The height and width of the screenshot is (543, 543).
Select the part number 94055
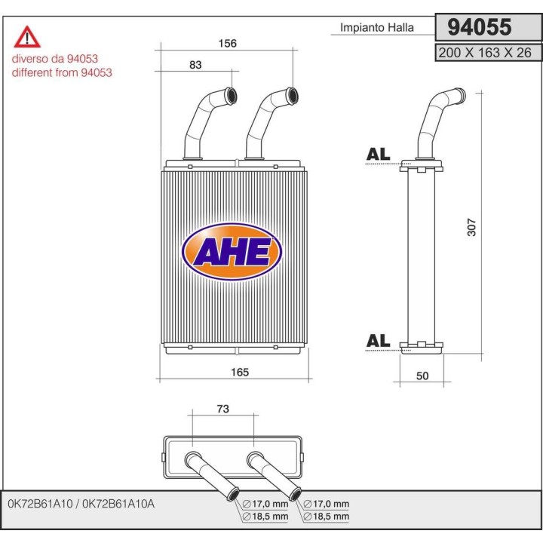480,27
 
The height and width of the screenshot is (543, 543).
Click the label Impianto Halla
377,28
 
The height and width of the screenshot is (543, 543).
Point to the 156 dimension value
227,44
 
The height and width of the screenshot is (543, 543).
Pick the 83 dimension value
196,66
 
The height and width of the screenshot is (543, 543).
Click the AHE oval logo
232,252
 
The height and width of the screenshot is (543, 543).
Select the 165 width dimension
239,372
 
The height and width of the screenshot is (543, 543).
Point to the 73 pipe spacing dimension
223,409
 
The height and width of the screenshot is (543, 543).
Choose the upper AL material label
378,154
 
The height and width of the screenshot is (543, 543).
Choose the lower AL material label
378,341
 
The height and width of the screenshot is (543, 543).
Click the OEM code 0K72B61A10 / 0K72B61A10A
80,503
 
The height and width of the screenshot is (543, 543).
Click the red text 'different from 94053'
62,72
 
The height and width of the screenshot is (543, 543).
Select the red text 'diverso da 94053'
54,58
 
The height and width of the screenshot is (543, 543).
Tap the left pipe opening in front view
230,96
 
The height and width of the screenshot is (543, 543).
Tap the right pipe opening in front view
291,96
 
